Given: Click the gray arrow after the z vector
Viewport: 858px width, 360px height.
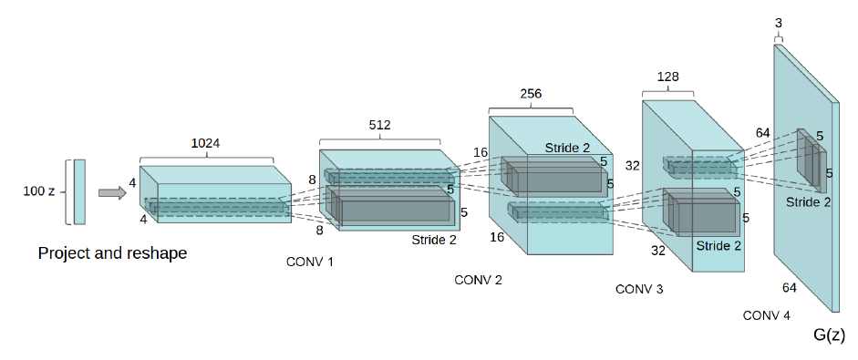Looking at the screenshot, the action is point(112,192).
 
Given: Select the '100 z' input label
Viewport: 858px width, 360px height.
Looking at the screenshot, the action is point(39,192).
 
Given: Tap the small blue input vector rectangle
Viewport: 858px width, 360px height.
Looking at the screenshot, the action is point(79,192).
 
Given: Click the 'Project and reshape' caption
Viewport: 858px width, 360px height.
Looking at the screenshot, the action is point(112,253).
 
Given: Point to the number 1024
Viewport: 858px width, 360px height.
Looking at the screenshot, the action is point(206,143).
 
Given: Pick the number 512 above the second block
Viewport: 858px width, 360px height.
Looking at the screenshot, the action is point(379,125).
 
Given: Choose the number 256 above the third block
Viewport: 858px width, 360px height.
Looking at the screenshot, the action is point(531,94).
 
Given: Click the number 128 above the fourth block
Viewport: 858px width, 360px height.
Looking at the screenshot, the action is point(667,77).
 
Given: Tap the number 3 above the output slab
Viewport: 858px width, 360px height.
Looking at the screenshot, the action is point(778,25).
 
